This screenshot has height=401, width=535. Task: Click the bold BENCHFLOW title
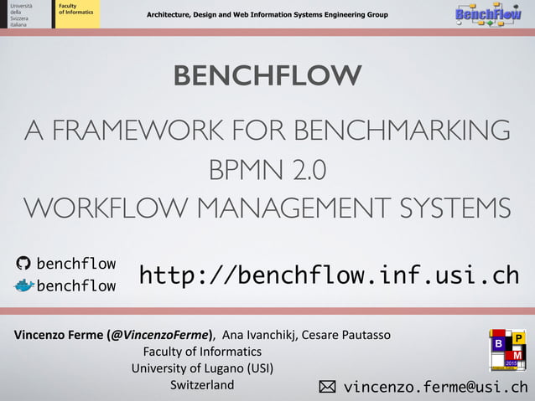click(267, 75)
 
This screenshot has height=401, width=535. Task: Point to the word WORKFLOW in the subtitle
click(106, 208)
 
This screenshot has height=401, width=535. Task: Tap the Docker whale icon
click(23, 286)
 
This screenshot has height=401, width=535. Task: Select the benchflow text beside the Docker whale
click(76, 286)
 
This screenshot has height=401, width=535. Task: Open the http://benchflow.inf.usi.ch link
click(328, 275)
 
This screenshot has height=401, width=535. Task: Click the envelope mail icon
click(326, 387)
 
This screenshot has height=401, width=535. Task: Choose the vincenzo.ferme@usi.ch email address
click(435, 387)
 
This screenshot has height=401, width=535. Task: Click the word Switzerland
click(202, 385)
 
